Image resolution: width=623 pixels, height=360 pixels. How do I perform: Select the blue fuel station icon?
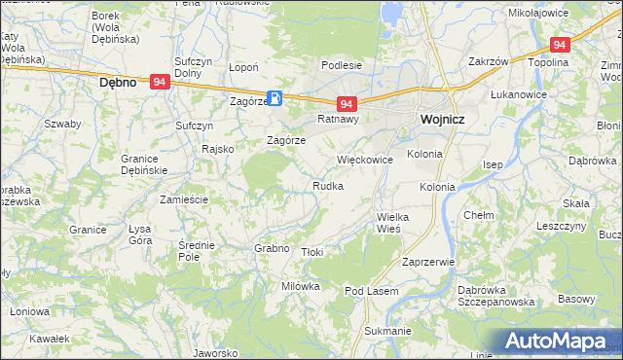(275, 97)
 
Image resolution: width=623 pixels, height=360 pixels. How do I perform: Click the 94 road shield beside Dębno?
(161, 84)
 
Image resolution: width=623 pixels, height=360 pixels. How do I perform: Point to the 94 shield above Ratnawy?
(348, 103)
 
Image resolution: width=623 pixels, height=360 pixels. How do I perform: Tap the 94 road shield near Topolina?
(559, 45)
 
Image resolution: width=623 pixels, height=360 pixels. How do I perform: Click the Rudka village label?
(327, 185)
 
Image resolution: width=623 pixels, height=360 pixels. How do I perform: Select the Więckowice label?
(364, 159)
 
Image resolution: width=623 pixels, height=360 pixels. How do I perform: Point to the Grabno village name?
(273, 248)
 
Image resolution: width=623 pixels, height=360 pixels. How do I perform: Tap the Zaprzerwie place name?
(428, 262)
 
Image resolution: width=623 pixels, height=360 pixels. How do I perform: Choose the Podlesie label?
(343, 65)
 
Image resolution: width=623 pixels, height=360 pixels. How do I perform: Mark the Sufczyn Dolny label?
(194, 67)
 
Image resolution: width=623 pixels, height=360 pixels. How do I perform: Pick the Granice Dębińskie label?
(145, 163)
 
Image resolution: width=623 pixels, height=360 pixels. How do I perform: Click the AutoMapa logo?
(563, 342)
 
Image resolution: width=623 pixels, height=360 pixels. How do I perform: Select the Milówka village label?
(301, 286)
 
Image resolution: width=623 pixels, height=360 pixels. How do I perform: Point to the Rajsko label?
(217, 149)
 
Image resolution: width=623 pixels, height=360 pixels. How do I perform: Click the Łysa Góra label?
(146, 234)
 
